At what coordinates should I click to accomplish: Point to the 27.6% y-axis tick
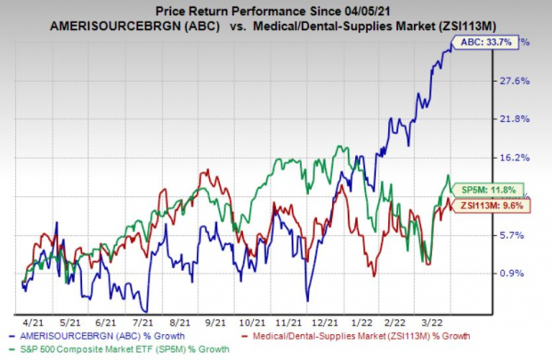click(517, 81)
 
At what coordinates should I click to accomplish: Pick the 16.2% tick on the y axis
click(517, 158)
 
